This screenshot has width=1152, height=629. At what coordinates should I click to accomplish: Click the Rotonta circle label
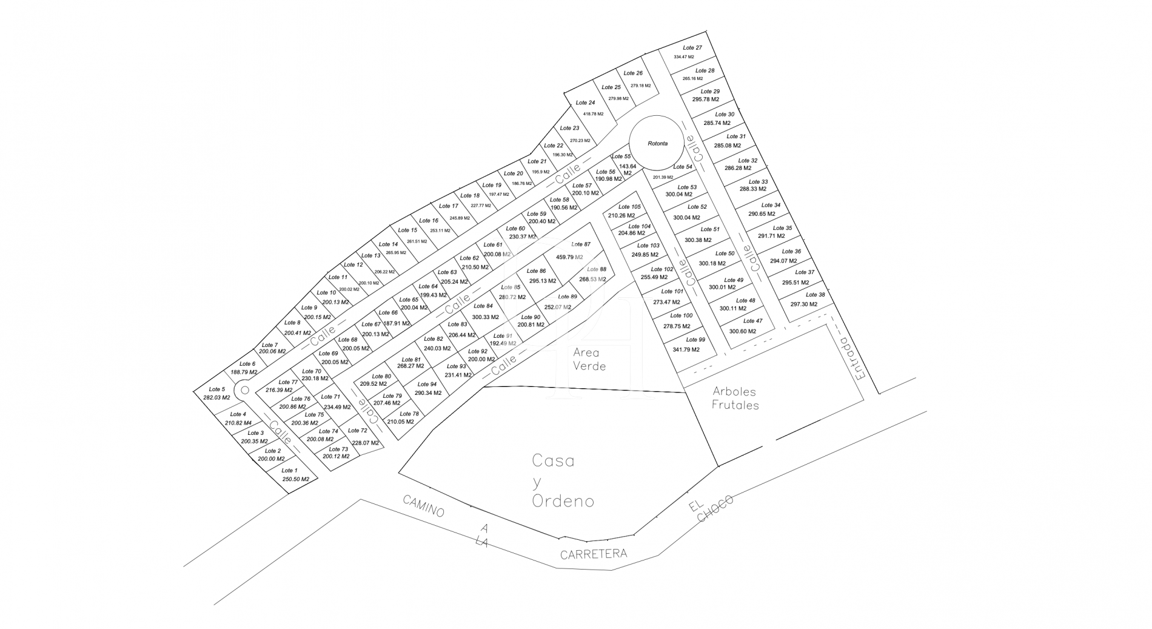(657, 144)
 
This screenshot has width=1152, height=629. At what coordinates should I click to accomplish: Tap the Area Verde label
(589, 359)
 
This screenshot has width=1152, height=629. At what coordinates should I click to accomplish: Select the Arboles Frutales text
(735, 398)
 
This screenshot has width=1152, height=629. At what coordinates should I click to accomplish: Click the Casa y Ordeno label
(562, 481)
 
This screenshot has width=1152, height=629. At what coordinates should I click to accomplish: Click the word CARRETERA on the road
(593, 554)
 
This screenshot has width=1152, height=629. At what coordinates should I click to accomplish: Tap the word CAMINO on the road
(424, 506)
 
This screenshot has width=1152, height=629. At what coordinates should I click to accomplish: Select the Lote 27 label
(692, 48)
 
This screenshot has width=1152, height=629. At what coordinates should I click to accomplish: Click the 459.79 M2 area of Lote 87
(569, 257)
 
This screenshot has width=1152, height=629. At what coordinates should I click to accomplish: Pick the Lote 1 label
(289, 471)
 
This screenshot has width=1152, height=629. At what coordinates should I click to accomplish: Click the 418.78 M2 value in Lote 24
(593, 114)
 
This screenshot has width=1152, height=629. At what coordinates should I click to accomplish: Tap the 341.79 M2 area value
(686, 349)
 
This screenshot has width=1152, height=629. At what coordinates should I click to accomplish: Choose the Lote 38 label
(815, 295)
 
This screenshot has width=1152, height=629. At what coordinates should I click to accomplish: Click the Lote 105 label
(629, 207)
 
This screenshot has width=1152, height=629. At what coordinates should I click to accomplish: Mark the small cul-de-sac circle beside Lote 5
(244, 390)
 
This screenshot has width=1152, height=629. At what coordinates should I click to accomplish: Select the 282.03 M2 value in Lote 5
(217, 398)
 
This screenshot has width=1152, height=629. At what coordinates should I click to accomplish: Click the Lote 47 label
(752, 321)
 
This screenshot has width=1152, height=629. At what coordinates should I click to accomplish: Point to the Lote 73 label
(338, 449)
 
